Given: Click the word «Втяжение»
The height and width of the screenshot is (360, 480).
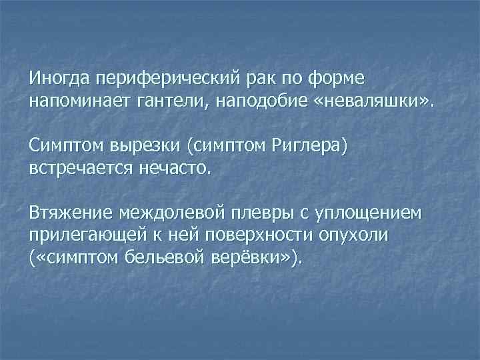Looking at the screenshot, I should (x=71, y=213).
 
